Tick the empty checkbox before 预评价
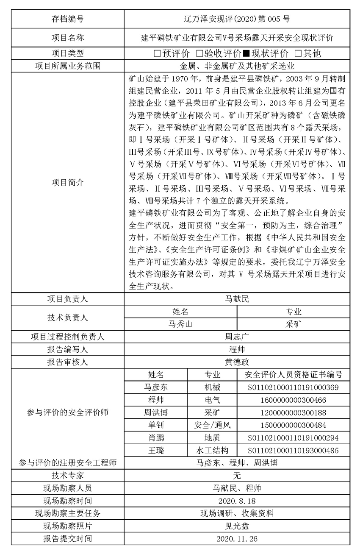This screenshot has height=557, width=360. pos(157,53)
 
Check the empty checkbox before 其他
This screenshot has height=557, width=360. pos(298,53)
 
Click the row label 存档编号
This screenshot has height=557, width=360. pos(67,19)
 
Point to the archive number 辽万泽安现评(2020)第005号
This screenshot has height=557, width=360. pos(237,19)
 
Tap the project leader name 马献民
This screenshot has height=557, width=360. pos(237,299)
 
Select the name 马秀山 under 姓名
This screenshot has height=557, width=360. pos(180,324)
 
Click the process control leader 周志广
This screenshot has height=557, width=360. pos(237,337)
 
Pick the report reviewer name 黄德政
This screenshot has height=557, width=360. pos(237,362)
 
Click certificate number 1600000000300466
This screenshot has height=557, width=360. pos(293,400)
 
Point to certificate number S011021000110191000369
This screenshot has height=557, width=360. pos(293,387)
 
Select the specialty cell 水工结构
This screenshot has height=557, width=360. pos(212,450)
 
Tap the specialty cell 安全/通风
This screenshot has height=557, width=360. pos(212,425)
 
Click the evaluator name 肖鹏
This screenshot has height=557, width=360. pos(156,437)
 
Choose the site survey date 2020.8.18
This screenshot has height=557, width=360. pos(237,501)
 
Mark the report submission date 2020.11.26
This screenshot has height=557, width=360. pos(237,539)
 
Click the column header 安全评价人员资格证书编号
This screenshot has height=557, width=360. pos(293,375)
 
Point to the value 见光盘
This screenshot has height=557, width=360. pos(237,526)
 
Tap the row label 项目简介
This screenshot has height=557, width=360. pos(67,183)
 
